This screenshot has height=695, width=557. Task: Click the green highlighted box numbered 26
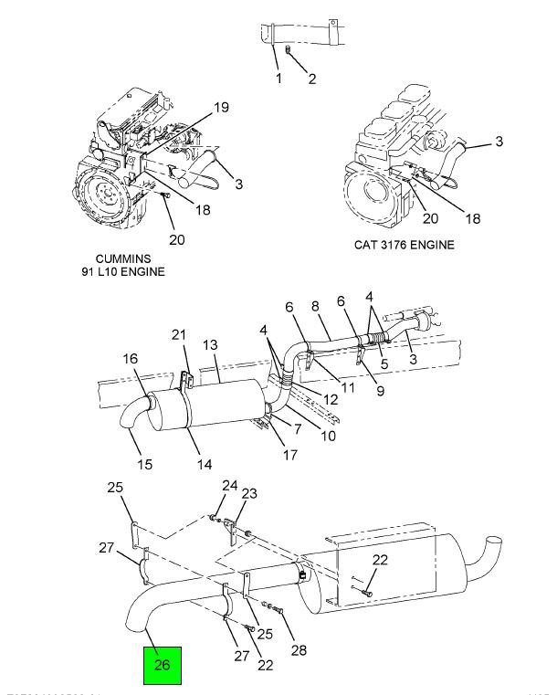coord(163,665)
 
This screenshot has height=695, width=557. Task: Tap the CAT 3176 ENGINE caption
coord(404,246)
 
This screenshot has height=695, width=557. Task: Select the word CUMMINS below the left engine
coord(122,258)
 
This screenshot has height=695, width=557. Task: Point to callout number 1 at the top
coord(278,79)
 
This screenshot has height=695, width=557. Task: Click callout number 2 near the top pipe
coord(311,79)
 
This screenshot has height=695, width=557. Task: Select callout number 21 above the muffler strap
coord(180,334)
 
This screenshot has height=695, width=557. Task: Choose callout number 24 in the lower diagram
coord(229,485)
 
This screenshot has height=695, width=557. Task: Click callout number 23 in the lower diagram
coord(249,494)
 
